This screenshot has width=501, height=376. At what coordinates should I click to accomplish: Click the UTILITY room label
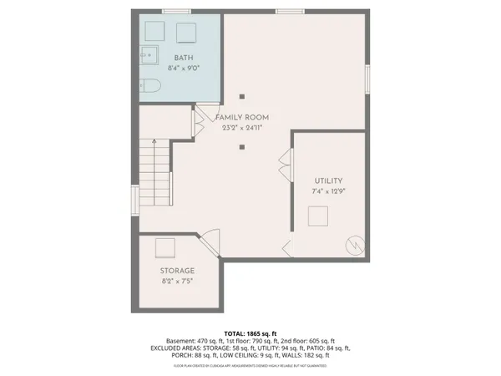329,181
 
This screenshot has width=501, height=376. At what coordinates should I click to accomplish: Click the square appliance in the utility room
318,217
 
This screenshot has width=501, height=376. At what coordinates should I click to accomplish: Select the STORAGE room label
177,272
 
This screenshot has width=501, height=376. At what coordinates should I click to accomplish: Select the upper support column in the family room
241,94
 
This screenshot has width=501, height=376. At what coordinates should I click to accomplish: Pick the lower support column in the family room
241,148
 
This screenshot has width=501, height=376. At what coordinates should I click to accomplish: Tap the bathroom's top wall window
174,11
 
